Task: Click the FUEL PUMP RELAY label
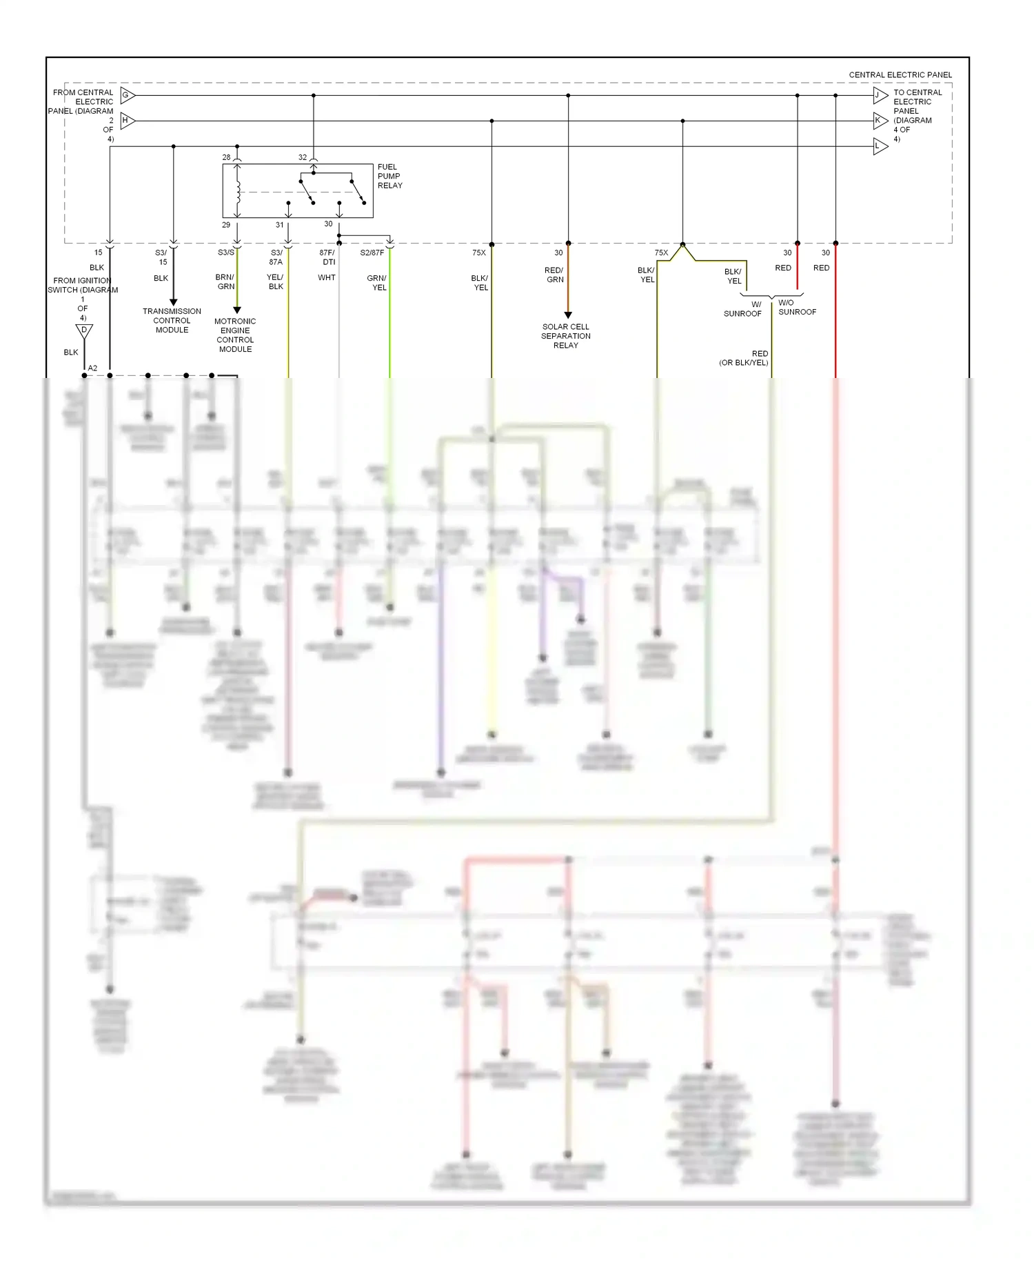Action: click(389, 176)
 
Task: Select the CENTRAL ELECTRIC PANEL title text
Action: click(900, 75)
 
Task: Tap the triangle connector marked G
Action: click(128, 95)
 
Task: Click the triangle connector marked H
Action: click(128, 121)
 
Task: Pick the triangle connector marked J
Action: click(880, 95)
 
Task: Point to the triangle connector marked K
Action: click(880, 121)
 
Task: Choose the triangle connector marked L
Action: click(880, 146)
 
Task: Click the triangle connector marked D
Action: click(84, 331)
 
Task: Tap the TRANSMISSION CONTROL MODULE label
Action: click(172, 321)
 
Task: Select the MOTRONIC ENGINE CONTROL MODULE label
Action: click(235, 335)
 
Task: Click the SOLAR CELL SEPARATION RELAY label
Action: click(565, 336)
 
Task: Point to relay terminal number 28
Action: click(226, 157)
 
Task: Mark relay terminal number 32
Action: click(303, 157)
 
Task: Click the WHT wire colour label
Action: click(327, 278)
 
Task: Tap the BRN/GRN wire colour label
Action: click(225, 281)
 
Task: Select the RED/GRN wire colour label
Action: click(554, 275)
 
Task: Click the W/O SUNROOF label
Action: click(797, 308)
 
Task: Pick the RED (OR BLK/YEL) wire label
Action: click(744, 358)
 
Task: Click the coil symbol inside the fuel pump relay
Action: click(238, 192)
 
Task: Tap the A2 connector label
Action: click(92, 368)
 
